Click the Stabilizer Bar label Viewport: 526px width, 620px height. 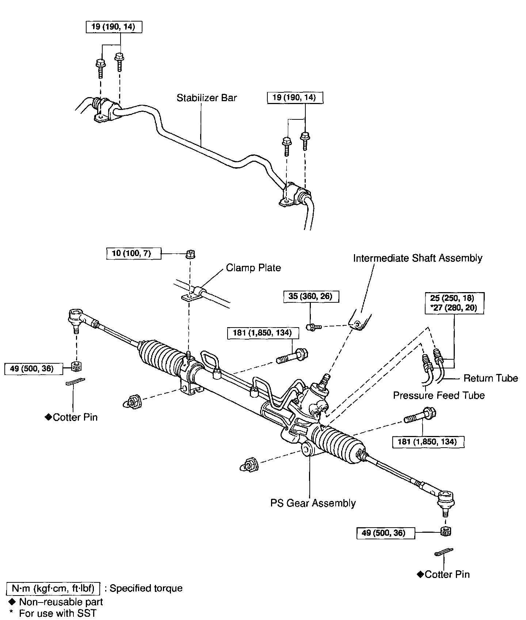[206, 98]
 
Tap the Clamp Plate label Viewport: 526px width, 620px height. [253, 268]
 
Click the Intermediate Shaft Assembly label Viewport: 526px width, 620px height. [418, 258]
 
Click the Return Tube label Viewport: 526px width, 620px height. [490, 378]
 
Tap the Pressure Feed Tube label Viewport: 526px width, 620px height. [439, 395]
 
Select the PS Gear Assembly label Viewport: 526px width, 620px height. [313, 503]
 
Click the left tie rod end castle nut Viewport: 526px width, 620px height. [76, 366]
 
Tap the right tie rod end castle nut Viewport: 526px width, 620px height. [445, 532]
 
